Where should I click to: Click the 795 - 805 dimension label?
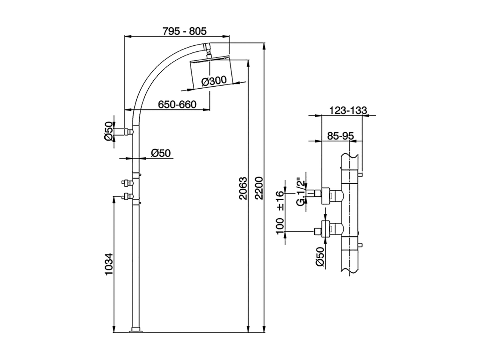[184, 31]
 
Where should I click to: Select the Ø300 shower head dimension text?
[214, 81]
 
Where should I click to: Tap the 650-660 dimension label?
[177, 104]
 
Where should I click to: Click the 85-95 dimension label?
[340, 136]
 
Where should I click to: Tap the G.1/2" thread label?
[300, 192]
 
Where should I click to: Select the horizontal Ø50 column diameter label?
[160, 153]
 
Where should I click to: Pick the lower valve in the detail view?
[330, 228]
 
